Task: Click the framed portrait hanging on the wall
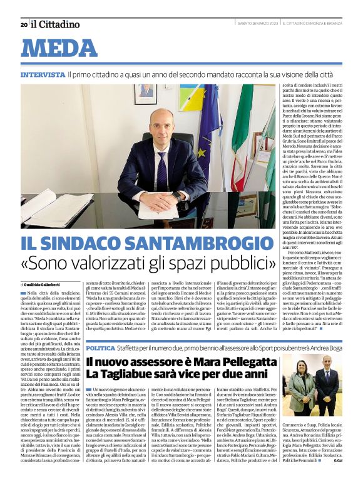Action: (145, 94)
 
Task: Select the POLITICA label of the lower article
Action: (100, 347)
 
